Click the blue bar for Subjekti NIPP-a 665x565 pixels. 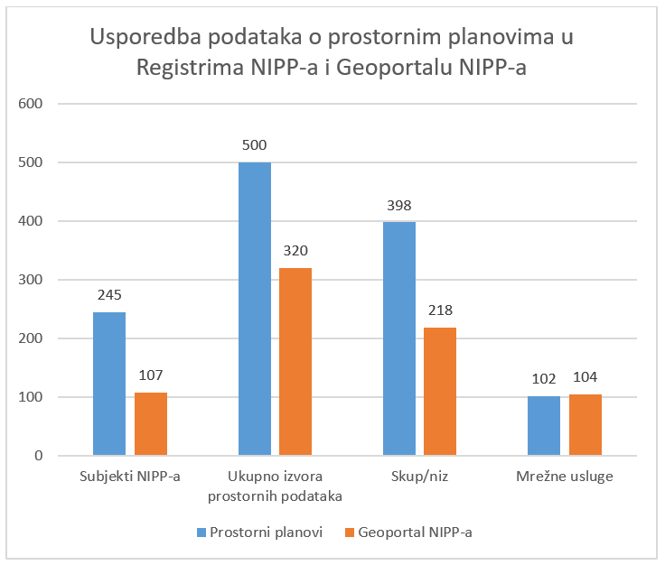point(109,384)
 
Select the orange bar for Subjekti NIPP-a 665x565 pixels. point(151,423)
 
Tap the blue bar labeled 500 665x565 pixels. point(255,309)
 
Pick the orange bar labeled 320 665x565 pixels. point(295,361)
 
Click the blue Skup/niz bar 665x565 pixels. point(399,338)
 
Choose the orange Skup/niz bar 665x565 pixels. point(440,391)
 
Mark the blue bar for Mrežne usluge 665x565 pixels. point(544,425)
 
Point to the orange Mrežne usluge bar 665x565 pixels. point(585,424)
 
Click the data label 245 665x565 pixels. point(109,294)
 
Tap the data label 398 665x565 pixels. point(399,205)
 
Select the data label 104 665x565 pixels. point(585,377)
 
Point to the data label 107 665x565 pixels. point(151,375)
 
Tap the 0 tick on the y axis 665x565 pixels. point(39,456)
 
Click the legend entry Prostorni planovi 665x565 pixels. point(260,532)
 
